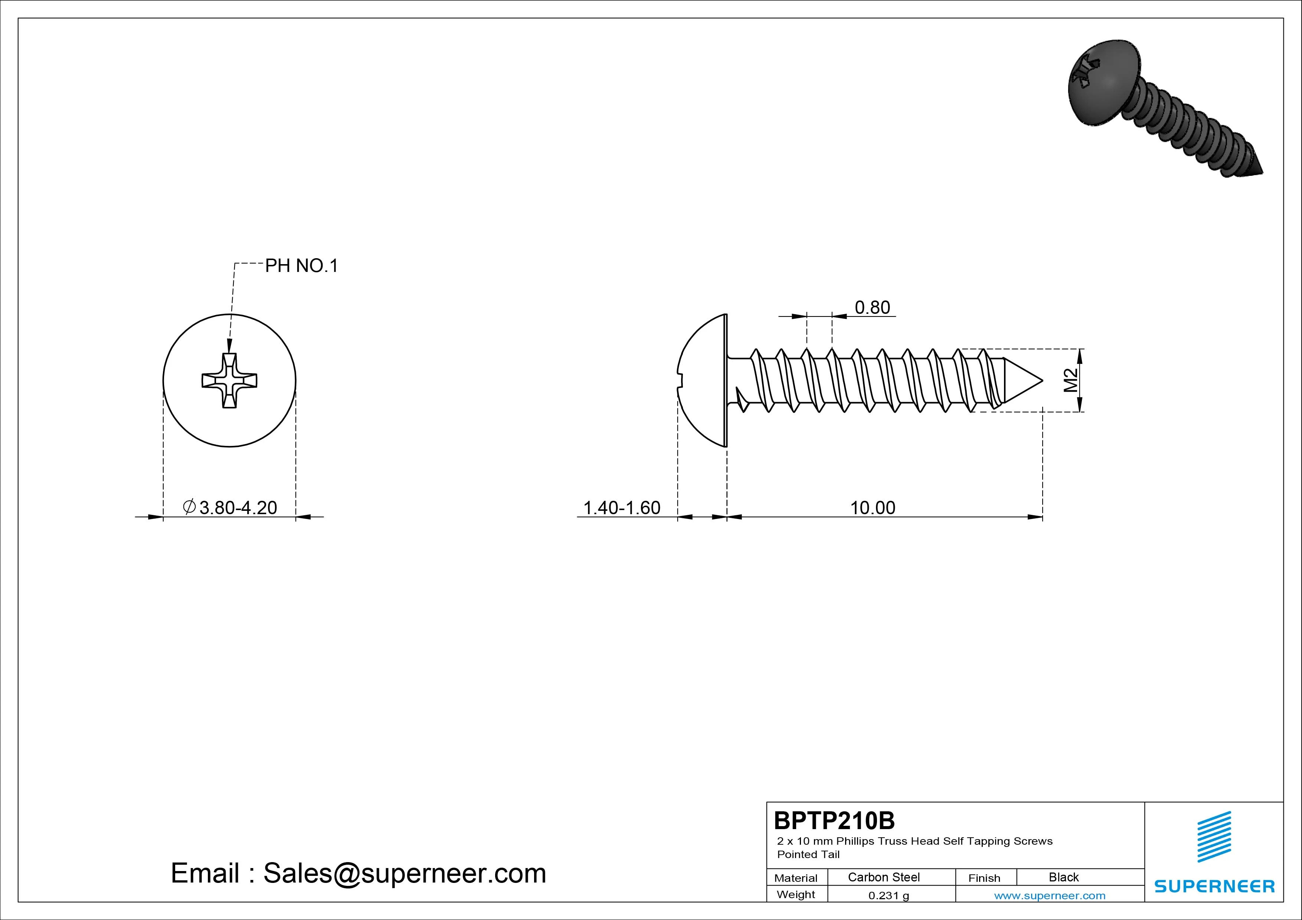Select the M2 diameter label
[x=1070, y=380]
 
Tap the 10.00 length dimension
[x=872, y=507]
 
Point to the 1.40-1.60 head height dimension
[x=622, y=507]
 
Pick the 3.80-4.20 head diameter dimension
[x=230, y=507]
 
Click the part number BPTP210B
[x=834, y=820]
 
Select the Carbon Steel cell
[x=883, y=877]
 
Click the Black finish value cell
[x=1064, y=877]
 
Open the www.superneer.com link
[x=1050, y=896]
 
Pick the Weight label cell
[x=796, y=894]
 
